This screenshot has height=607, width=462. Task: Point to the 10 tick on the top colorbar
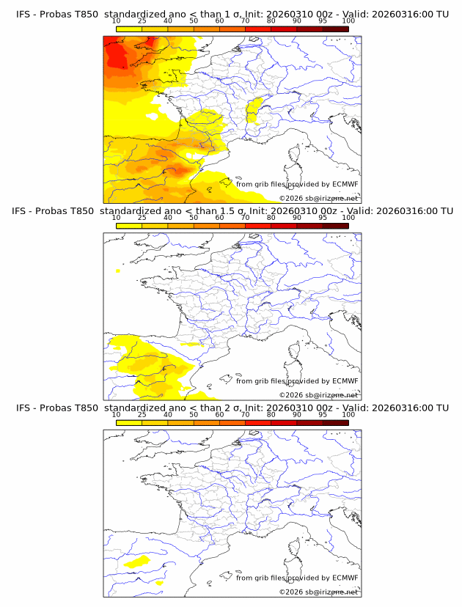click(116, 21)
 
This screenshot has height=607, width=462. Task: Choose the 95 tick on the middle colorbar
click(323, 218)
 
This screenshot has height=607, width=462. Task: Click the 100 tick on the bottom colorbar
click(348, 414)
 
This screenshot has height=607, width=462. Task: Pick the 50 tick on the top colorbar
click(194, 21)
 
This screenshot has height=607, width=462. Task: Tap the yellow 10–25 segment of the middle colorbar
click(128, 226)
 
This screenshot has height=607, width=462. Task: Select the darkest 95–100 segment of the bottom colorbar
click(335, 422)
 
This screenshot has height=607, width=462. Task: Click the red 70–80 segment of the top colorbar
click(257, 29)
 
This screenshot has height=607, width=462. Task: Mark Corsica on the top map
click(295, 156)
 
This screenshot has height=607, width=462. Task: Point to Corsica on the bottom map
click(295, 550)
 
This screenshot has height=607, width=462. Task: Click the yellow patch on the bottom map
click(137, 562)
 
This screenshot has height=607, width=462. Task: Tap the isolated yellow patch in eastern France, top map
click(254, 110)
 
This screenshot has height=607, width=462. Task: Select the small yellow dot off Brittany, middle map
click(118, 271)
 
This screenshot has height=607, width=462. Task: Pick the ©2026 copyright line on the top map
click(319, 199)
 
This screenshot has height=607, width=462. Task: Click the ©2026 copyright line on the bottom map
click(319, 592)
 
